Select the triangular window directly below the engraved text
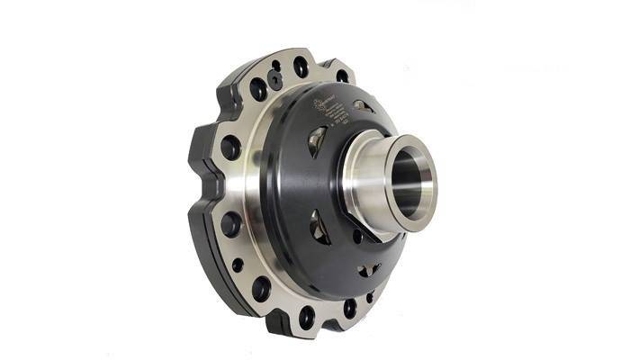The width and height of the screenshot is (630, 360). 317,140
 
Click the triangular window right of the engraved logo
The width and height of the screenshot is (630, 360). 364,107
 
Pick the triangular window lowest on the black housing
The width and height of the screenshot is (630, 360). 367,270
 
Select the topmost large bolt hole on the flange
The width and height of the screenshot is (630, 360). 301,66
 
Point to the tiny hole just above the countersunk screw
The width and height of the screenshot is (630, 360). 276,66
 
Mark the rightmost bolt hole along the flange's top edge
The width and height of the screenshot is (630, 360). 342,76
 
